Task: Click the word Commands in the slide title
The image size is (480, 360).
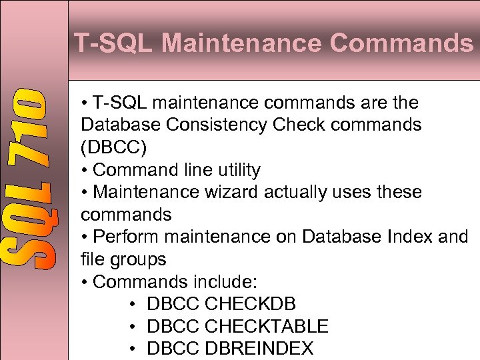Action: pos(400,44)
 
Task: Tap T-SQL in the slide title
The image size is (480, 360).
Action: pos(113,44)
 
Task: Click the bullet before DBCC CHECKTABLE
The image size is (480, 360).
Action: pos(134,327)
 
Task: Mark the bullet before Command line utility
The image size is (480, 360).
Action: pos(84,170)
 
